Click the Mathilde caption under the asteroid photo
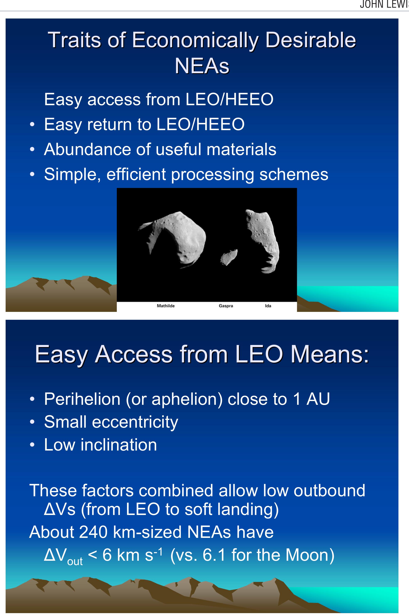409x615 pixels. [x=166, y=306]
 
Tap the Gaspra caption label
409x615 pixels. [x=226, y=306]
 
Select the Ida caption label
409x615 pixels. [x=268, y=306]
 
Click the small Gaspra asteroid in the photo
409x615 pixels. [x=229, y=257]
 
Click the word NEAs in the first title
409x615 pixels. [x=202, y=66]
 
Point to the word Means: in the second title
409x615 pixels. [x=330, y=354]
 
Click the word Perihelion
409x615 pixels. [x=82, y=399]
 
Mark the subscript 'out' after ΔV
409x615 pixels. [x=75, y=561]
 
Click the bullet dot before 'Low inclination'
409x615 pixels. [x=32, y=445]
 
